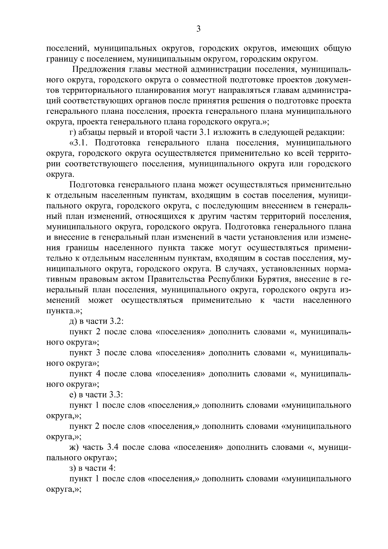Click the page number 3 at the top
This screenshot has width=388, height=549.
tap(199, 29)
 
